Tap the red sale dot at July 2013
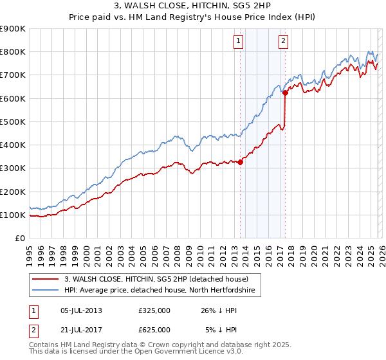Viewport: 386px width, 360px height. pyautogui.click(x=240, y=162)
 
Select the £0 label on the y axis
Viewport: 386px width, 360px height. pyautogui.click(x=19, y=238)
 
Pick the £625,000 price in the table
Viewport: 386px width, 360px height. pyautogui.click(x=154, y=329)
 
